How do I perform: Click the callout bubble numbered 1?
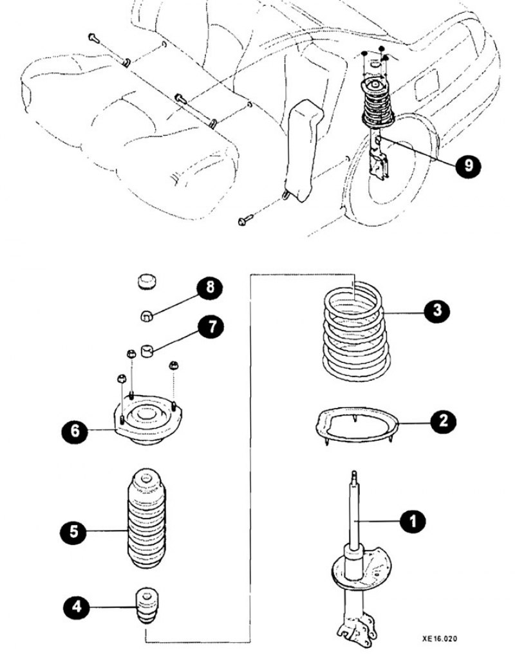pyautogui.click(x=413, y=521)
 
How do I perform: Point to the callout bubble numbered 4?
pyautogui.click(x=77, y=606)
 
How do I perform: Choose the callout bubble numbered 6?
pyautogui.click(x=76, y=430)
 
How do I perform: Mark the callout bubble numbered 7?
pyautogui.click(x=211, y=327)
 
